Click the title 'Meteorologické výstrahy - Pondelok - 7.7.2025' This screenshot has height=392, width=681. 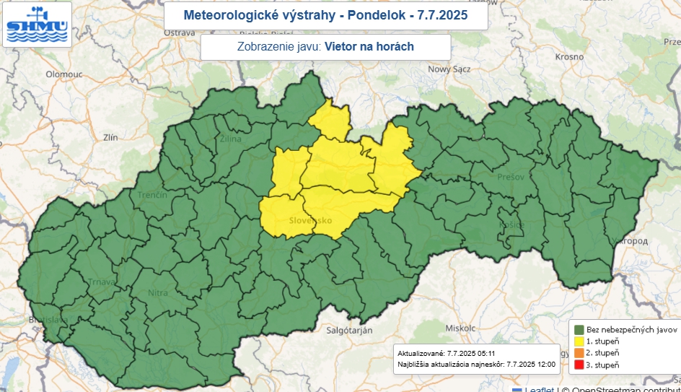point(325,15)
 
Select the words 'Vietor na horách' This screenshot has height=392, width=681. point(369,47)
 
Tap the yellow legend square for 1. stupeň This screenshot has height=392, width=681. point(579,339)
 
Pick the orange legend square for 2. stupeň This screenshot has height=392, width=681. point(579,352)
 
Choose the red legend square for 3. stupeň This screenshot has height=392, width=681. point(579,365)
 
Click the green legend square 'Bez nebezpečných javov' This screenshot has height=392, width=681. point(579,327)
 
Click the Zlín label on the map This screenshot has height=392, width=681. point(110,136)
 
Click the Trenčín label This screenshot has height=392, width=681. point(152,195)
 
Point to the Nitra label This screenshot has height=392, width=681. point(157,292)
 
